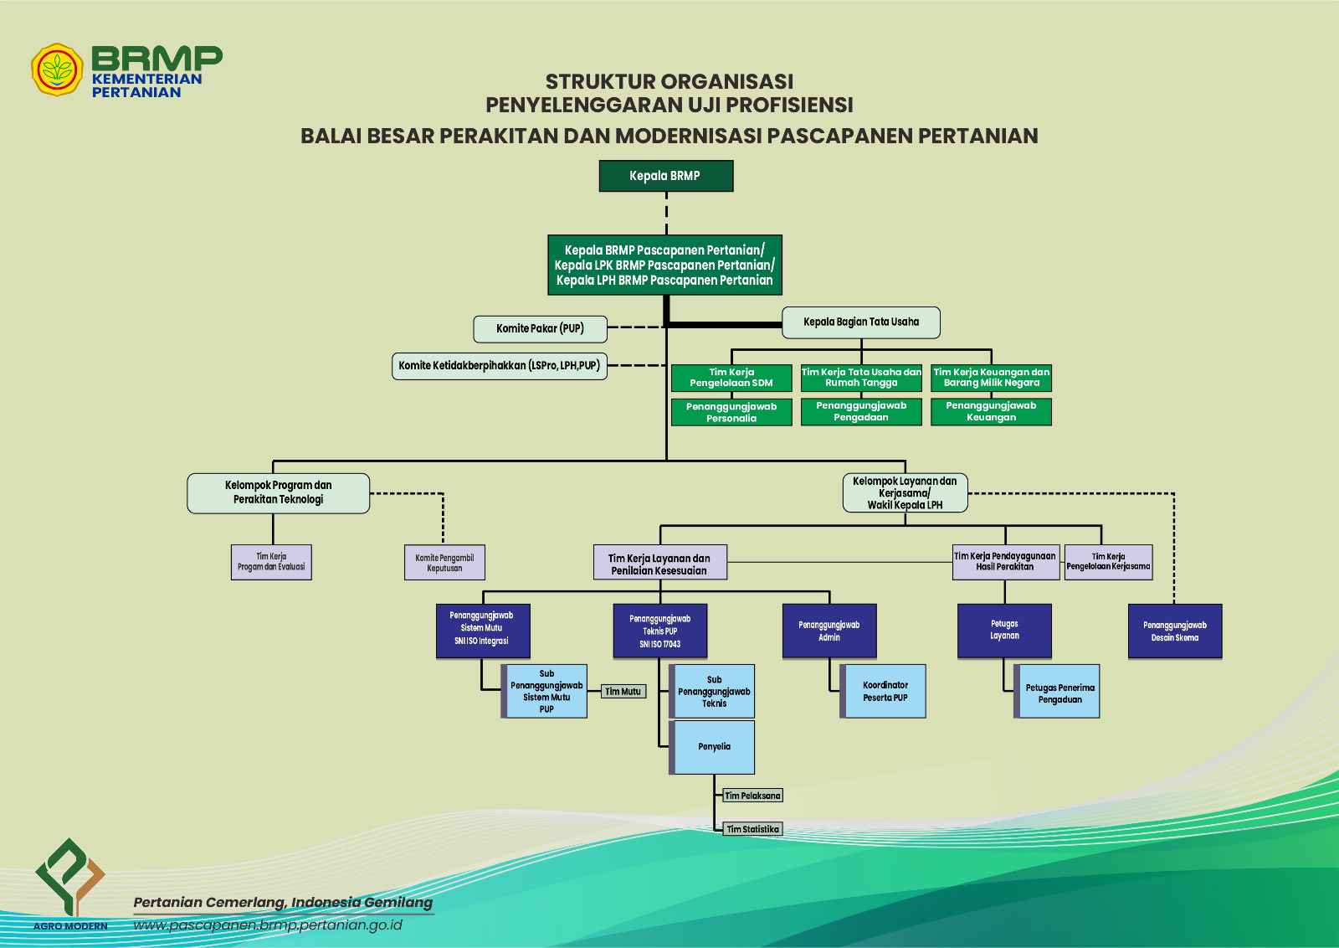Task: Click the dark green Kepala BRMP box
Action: click(x=666, y=176)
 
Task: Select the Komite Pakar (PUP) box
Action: click(x=540, y=329)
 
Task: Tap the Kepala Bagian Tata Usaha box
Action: click(x=861, y=322)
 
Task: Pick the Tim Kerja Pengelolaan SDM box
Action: click(x=731, y=378)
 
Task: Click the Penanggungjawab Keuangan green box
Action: click(x=991, y=411)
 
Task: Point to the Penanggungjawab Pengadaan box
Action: click(x=861, y=411)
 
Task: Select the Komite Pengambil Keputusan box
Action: click(x=444, y=562)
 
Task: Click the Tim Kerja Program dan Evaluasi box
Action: click(x=271, y=562)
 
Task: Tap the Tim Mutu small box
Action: click(x=623, y=692)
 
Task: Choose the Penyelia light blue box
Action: click(x=711, y=747)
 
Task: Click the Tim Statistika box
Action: click(x=752, y=829)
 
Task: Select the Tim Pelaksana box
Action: click(x=752, y=796)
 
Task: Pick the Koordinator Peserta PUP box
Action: click(x=883, y=691)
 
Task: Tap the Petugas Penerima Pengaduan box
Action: click(x=1057, y=691)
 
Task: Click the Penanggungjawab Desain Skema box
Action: click(x=1175, y=631)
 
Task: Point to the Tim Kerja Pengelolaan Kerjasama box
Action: click(x=1108, y=562)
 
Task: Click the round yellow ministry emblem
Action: click(x=57, y=70)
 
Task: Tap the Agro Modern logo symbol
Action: click(x=70, y=877)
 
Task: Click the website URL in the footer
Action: click(x=267, y=925)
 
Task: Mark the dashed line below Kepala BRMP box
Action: click(x=666, y=214)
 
